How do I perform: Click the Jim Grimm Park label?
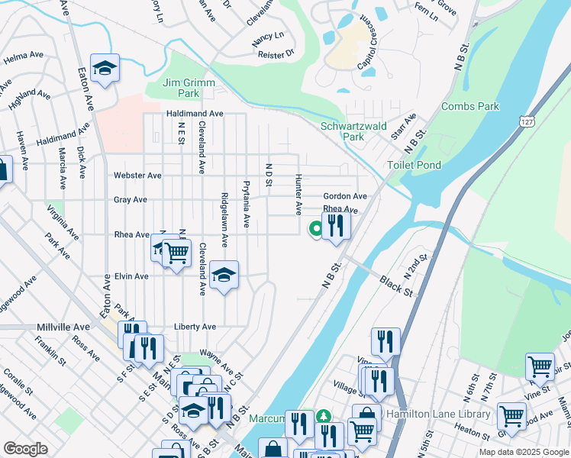point(189,88)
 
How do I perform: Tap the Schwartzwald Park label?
point(353,131)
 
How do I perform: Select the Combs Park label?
point(469,107)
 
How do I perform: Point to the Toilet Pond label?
point(414,165)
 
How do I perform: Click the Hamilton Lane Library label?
point(438,414)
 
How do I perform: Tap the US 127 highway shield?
point(525,121)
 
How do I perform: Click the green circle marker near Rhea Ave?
point(315,227)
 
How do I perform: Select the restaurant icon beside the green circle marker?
point(336,226)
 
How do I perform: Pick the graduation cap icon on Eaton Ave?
point(105,69)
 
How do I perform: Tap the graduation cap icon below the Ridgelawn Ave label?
point(224,276)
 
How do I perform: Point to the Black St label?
point(396,286)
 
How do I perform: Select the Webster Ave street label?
point(137,176)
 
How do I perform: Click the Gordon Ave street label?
point(345,196)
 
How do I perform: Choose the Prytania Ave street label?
point(246,204)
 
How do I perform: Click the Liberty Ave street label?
point(195,327)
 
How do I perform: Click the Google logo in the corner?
point(25,449)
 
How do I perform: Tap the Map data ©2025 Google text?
point(523,452)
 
